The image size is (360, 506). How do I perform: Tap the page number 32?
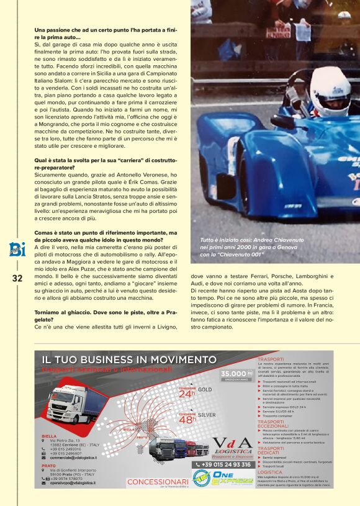[x=17, y=278]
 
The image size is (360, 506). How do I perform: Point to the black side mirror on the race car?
[x=283, y=120]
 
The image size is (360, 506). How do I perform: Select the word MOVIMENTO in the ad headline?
[x=177, y=359]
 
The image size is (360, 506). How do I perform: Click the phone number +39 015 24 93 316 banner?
[x=223, y=464]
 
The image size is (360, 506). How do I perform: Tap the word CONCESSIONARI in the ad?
[x=158, y=481]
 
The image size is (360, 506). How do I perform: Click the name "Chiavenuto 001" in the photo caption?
[x=236, y=253]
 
